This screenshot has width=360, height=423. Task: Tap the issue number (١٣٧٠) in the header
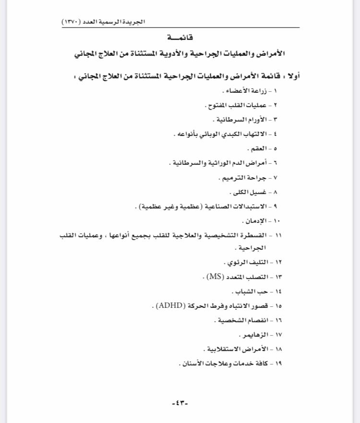pos(71,22)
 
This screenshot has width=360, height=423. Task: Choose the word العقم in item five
pos(256,148)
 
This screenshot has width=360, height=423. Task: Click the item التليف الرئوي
pos(244,263)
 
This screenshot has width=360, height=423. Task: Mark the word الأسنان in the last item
pos(194,363)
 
